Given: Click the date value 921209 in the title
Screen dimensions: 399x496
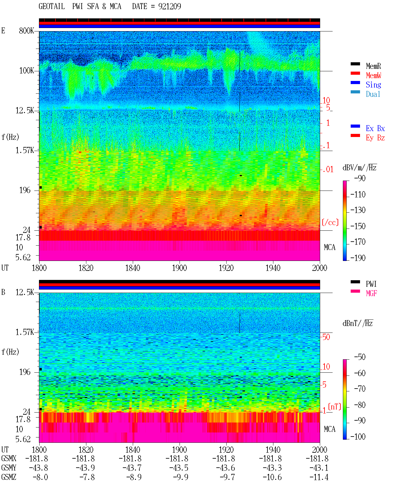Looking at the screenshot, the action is (x=170, y=7).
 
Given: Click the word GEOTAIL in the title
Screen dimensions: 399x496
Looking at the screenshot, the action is (x=52, y=7).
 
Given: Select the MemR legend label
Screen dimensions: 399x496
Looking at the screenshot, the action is (x=373, y=66).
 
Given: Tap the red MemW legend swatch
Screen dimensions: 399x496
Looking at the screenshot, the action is (x=355, y=73).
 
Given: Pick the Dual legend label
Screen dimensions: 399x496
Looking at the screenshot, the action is (x=373, y=94).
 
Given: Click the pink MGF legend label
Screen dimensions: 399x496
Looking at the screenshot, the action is (x=371, y=293).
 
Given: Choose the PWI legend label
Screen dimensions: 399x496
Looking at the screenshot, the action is (x=371, y=284).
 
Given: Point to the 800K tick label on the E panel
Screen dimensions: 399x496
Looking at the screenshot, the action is (x=26, y=31).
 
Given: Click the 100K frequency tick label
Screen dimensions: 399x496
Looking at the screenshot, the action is (x=26, y=71).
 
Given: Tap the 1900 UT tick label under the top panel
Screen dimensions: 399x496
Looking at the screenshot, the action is (x=179, y=268).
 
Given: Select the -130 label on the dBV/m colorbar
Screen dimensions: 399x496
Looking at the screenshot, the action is (x=358, y=210).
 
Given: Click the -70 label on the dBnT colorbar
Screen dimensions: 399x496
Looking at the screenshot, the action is (x=360, y=389).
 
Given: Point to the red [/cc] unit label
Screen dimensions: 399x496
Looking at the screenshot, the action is (x=330, y=222).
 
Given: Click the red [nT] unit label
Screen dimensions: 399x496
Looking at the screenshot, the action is (x=334, y=407).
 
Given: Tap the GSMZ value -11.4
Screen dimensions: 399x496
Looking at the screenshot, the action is (x=319, y=477).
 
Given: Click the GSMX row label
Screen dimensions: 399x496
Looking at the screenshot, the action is (x=9, y=459).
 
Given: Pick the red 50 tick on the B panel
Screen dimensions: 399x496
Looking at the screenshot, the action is (x=326, y=337).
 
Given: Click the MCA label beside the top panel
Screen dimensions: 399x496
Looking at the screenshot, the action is (x=329, y=248).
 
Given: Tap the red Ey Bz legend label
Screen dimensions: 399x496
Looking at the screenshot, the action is (x=375, y=138).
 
